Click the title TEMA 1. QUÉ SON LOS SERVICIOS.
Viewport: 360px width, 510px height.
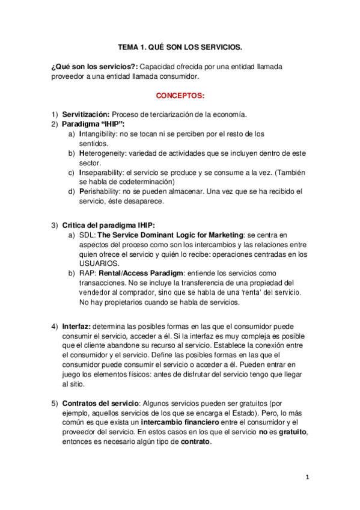(x=180, y=46)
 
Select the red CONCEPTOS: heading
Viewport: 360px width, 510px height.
(x=180, y=96)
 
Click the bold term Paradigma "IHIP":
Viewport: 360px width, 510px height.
(x=93, y=124)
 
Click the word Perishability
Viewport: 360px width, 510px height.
(x=99, y=191)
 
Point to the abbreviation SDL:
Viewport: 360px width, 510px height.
(x=87, y=235)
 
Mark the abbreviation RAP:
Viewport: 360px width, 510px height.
(x=88, y=273)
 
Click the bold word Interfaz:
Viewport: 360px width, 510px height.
(x=77, y=327)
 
